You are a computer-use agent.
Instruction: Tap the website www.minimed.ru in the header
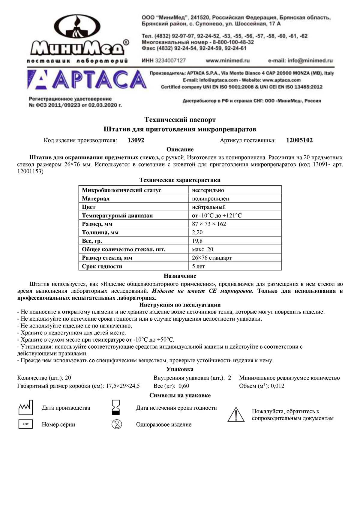[x=228, y=61]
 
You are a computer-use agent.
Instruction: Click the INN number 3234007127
[x=170, y=61]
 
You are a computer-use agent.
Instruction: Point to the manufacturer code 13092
[x=136, y=140]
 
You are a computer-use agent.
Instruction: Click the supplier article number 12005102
[x=299, y=140]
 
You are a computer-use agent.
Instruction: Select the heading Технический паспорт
[x=180, y=120]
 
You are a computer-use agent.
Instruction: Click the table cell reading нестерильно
[x=208, y=190]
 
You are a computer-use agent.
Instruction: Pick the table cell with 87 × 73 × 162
[x=209, y=224]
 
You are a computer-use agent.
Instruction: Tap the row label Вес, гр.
[x=92, y=241]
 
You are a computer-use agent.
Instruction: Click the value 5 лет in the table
[x=198, y=266]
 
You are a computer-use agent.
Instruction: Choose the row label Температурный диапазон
[x=117, y=216]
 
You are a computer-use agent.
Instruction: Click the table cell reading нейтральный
[x=209, y=207]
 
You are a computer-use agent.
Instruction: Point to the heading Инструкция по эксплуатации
[x=180, y=305]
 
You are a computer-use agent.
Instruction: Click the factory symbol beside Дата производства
[x=25, y=407]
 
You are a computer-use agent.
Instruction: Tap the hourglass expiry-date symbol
[x=115, y=407]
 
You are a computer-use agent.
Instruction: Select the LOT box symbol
[x=25, y=424]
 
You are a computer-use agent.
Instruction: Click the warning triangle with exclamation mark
[x=236, y=415]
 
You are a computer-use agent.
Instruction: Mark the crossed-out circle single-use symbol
[x=117, y=424]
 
